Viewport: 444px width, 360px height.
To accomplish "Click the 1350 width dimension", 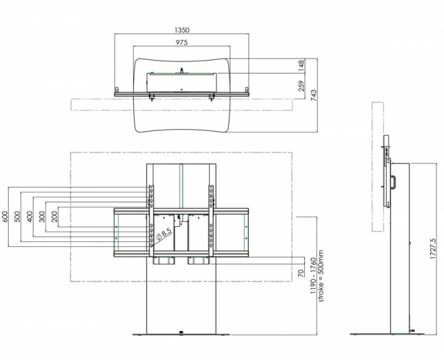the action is pos(182,30).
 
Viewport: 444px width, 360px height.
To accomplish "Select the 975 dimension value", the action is pos(182,43).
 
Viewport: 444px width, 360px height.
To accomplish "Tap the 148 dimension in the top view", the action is pos(301,65).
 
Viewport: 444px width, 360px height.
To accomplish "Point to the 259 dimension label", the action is pos(301,86).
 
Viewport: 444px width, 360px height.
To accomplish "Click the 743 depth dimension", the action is pos(314,95).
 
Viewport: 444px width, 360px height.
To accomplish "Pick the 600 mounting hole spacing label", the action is pos(5,217).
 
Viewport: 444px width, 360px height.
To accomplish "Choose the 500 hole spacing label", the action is pos(18,217).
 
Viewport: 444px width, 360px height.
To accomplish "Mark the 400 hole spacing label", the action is pos(30,217).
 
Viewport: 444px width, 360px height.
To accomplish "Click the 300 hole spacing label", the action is pos(42,217).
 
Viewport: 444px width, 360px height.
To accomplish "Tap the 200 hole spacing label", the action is pos(54,217).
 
